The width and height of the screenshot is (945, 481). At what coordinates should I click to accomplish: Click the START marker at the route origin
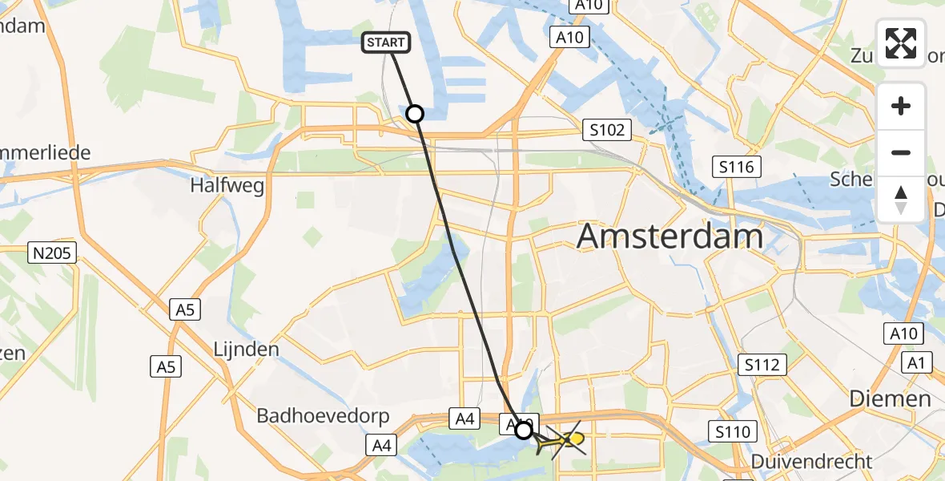pyautogui.click(x=387, y=43)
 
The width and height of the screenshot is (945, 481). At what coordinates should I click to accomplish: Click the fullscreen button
pyautogui.click(x=901, y=43)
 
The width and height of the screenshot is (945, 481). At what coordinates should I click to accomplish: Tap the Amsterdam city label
pyautogui.click(x=670, y=237)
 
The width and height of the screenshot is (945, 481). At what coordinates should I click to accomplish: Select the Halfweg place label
pyautogui.click(x=227, y=185)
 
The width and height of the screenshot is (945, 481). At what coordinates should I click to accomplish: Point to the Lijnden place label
pyautogui.click(x=246, y=350)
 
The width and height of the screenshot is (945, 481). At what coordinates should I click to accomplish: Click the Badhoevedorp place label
pyautogui.click(x=323, y=416)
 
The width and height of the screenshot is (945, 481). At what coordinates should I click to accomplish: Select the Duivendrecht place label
pyautogui.click(x=811, y=462)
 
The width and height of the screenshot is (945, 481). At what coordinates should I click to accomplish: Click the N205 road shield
pyautogui.click(x=52, y=254)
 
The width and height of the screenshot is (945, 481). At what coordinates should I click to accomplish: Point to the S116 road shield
pyautogui.click(x=736, y=168)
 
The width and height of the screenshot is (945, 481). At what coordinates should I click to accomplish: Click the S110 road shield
pyautogui.click(x=734, y=433)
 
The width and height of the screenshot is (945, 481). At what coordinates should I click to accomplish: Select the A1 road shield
pyautogui.click(x=918, y=364)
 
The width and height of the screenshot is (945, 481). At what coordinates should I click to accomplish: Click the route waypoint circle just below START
pyautogui.click(x=415, y=114)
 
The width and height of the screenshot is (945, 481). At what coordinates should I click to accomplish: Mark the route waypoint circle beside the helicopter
pyautogui.click(x=523, y=430)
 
